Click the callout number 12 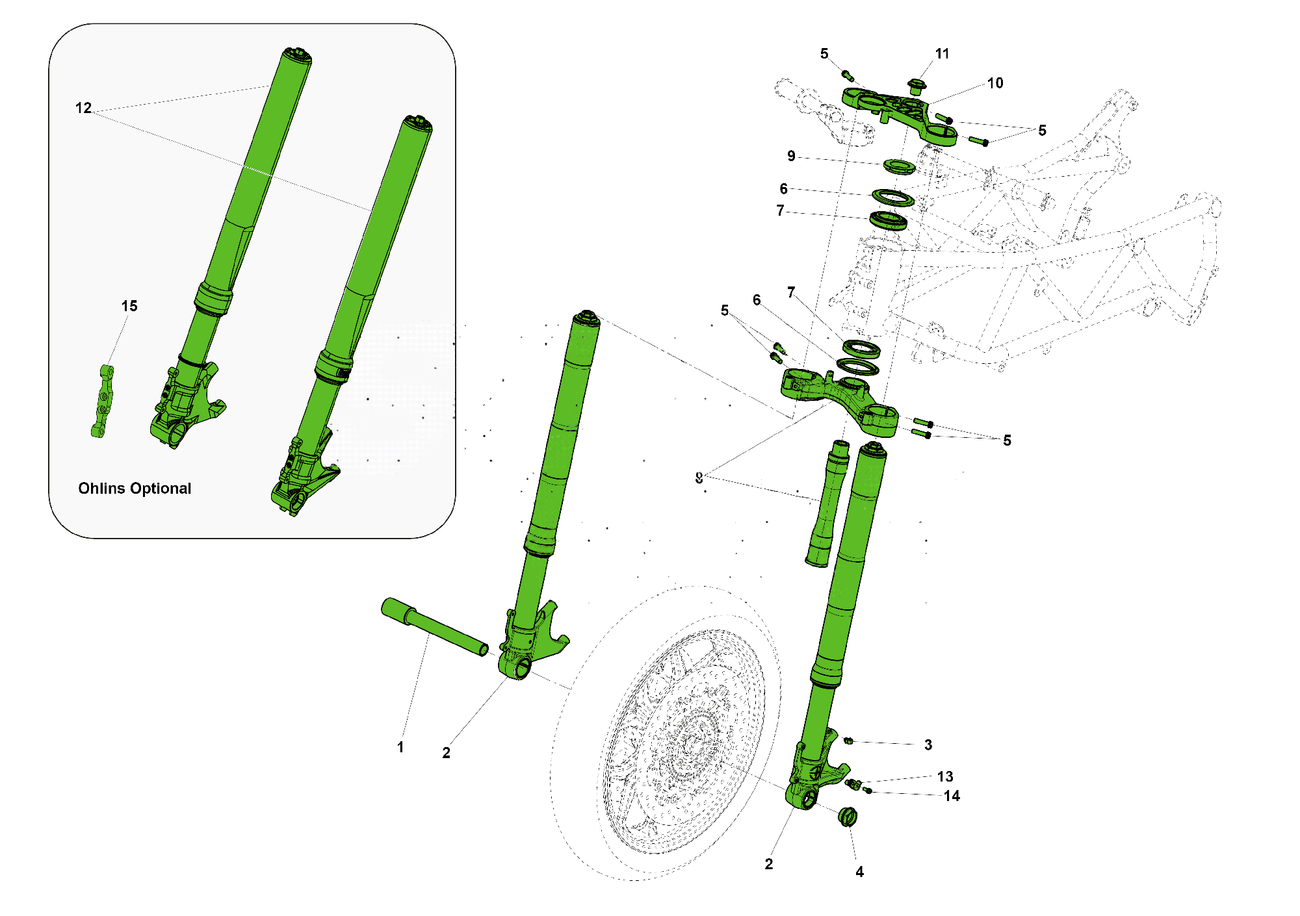pyautogui.click(x=83, y=108)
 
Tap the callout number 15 pyautogui.click(x=129, y=306)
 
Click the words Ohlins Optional pyautogui.click(x=135, y=489)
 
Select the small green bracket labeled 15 pyautogui.click(x=103, y=401)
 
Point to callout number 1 pyautogui.click(x=400, y=747)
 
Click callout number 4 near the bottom pyautogui.click(x=859, y=872)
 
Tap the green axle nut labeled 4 pyautogui.click(x=848, y=817)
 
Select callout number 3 pyautogui.click(x=928, y=745)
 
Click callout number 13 pyautogui.click(x=945, y=776)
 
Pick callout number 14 pyautogui.click(x=952, y=796)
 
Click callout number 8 pyautogui.click(x=699, y=478)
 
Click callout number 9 pyautogui.click(x=791, y=156)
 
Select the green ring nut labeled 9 pyautogui.click(x=900, y=166)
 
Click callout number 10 pyautogui.click(x=994, y=83)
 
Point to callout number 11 pyautogui.click(x=942, y=54)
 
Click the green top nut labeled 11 pyautogui.click(x=916, y=86)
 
